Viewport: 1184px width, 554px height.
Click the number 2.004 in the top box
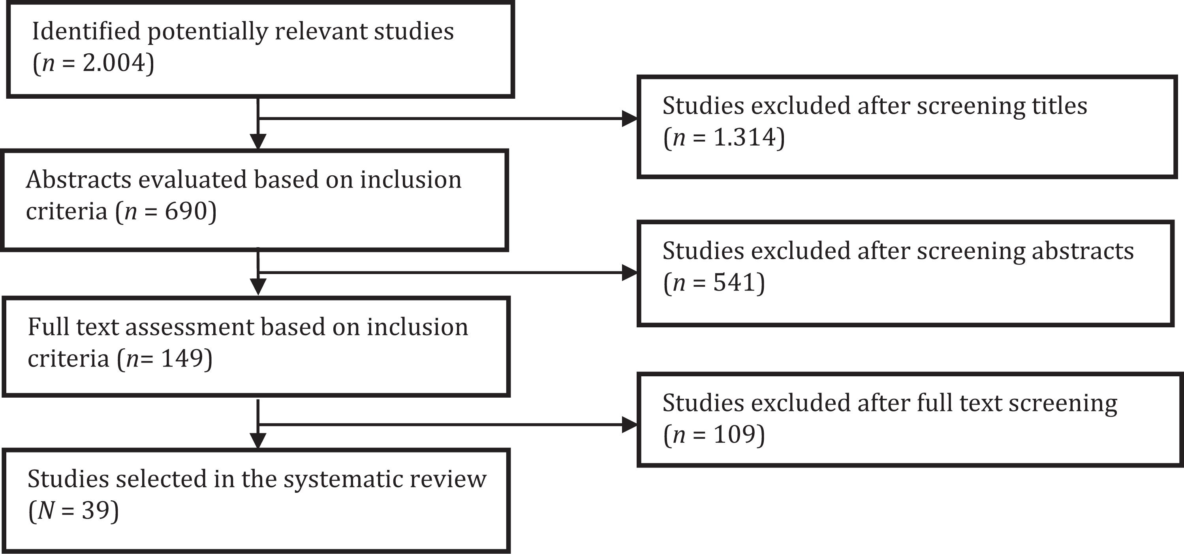(x=114, y=62)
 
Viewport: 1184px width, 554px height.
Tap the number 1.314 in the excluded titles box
(x=744, y=137)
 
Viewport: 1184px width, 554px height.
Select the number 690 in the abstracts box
(x=186, y=211)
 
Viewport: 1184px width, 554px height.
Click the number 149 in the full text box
(x=182, y=358)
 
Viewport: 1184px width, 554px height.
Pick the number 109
(x=735, y=434)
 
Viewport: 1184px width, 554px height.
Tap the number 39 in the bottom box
(x=96, y=510)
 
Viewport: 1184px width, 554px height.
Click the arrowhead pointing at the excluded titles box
(x=630, y=118)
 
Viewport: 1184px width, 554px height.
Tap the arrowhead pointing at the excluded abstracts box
(x=630, y=273)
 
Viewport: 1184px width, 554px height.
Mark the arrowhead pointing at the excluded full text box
(x=630, y=424)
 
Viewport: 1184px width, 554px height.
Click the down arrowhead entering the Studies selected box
(x=258, y=441)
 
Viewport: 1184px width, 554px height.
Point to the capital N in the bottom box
(x=47, y=510)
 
